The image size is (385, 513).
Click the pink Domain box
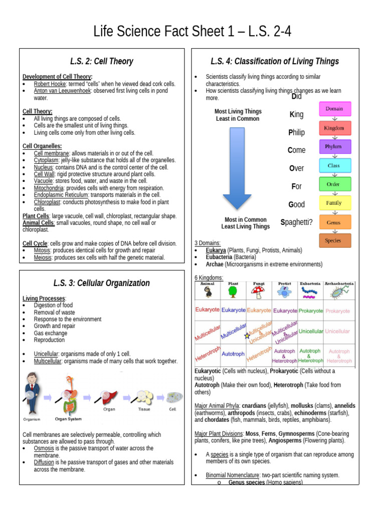coord(334,109)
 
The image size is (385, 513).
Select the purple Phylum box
coord(334,146)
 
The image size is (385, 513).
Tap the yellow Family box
coord(334,203)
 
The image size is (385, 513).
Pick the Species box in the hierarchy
coord(334,240)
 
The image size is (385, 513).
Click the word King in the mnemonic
coord(296,115)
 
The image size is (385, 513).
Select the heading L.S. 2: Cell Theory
coord(102,61)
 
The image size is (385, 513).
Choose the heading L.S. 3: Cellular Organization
coord(102,283)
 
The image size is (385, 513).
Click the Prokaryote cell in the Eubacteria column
coord(311,311)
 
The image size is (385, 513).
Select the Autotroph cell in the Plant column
coord(233,354)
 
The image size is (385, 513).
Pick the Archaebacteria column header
coord(339,284)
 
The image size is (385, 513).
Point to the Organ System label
coord(69,419)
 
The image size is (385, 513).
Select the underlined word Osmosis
coord(44,448)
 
